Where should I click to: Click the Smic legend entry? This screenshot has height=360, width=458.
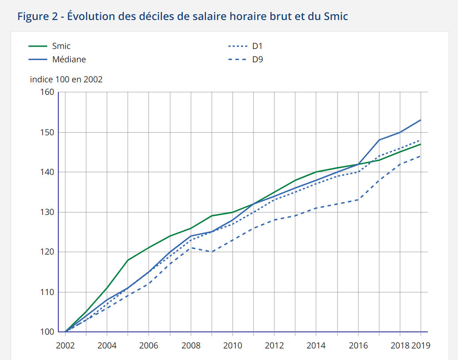point(61,46)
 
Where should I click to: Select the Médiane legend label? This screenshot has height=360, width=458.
point(69,59)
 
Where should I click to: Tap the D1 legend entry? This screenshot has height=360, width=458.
point(258,46)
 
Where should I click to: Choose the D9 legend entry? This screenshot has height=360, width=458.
point(258,59)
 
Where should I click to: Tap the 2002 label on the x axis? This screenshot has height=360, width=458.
point(65,345)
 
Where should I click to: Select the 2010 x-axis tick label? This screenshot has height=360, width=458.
point(233,345)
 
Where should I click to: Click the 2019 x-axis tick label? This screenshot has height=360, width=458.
point(421,345)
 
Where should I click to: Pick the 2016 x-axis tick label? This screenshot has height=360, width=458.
point(358,345)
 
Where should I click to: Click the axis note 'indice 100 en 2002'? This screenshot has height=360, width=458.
point(66,80)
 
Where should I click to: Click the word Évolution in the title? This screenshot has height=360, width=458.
point(93,17)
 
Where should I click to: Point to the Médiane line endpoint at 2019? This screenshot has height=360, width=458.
point(421,120)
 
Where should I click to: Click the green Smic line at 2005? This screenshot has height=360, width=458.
point(128,260)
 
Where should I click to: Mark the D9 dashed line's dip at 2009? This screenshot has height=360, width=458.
point(212,252)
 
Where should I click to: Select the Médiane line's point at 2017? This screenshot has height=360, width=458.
point(379,140)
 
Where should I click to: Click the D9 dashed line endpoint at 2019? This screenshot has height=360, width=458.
point(421,156)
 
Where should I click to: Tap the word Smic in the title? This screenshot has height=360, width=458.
point(336,17)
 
